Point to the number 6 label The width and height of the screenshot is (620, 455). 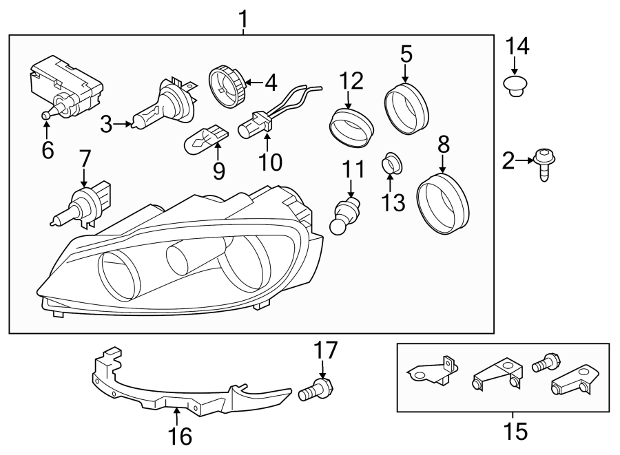click(x=47, y=149)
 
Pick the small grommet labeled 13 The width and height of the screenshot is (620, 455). click(x=392, y=164)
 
